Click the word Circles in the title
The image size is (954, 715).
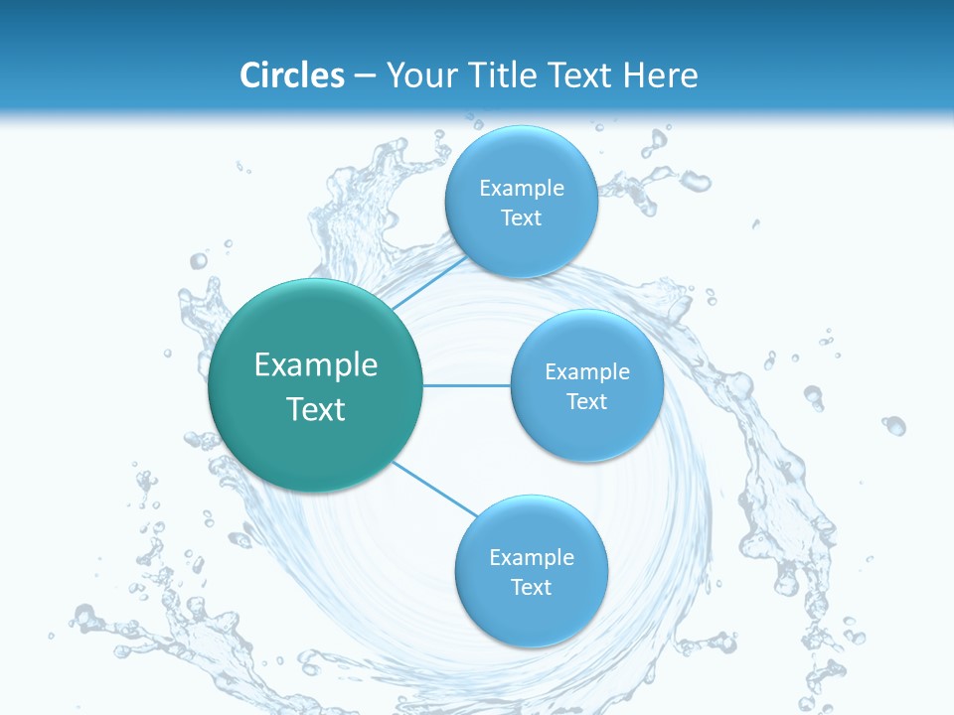pos(292,75)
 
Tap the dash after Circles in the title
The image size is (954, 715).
pos(365,75)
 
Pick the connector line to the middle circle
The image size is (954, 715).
pos(467,385)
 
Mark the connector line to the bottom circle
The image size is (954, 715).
pos(433,489)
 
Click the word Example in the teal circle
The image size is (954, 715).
pos(316,365)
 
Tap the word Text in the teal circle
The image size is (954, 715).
pos(316,409)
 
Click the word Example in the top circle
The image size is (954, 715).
pos(522,189)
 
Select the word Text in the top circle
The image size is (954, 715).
pos(521,218)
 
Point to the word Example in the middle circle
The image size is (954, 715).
pos(587,372)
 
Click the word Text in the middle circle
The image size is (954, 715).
pos(586,401)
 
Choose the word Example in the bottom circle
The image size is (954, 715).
pos(532,558)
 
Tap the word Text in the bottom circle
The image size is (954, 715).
pos(531,587)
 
